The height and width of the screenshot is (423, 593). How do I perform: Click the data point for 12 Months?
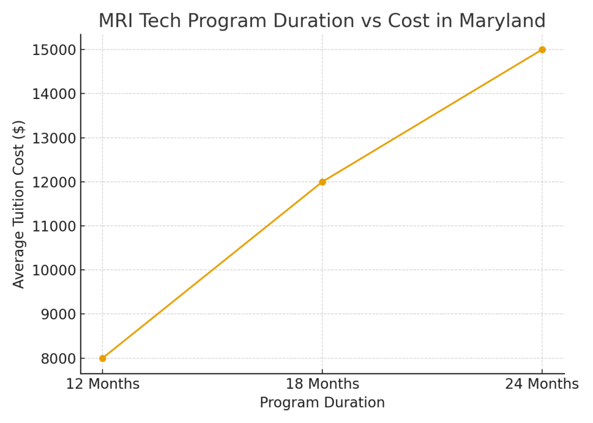[x=103, y=358]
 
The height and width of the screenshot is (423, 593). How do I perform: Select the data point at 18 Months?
[x=323, y=182]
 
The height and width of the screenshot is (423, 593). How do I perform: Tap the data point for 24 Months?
[x=542, y=50]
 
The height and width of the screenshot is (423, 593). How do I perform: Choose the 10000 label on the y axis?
[x=56, y=270]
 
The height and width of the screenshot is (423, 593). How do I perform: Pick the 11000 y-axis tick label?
[x=56, y=226]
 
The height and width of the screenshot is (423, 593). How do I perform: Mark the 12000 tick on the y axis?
[x=56, y=182]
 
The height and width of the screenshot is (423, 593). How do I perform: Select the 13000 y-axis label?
[x=56, y=138]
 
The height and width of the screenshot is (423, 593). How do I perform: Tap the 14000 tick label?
[x=56, y=94]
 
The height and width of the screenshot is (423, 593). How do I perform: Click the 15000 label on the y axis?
[x=56, y=50]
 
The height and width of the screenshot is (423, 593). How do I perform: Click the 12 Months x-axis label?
[x=103, y=384]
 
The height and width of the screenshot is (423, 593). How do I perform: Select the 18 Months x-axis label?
[x=323, y=384]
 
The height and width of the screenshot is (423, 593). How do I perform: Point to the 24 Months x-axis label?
[x=542, y=384]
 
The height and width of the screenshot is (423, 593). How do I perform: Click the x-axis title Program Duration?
[x=322, y=403]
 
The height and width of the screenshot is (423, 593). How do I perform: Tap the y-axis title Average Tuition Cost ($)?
[x=19, y=204]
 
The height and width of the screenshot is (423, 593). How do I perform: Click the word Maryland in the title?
[x=502, y=21]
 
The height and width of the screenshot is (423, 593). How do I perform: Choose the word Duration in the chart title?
[x=313, y=21]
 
